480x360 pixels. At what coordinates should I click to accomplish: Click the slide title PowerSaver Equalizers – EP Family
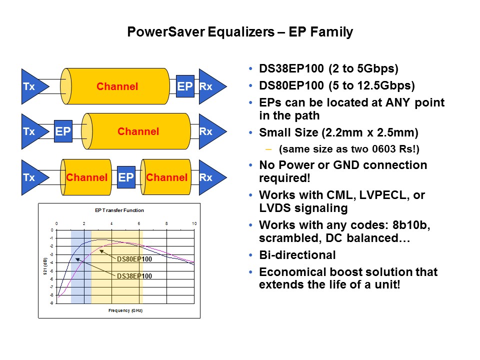(240, 32)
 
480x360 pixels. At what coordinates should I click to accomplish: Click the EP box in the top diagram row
(185, 86)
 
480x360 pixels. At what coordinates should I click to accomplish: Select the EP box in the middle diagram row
(63, 131)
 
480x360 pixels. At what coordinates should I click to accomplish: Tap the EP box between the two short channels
(126, 177)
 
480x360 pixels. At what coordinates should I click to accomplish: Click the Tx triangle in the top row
(32, 86)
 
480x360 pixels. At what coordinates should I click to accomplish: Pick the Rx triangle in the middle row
(209, 131)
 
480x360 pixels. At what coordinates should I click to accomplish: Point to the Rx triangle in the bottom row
(209, 177)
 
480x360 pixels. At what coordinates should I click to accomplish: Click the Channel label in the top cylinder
(117, 86)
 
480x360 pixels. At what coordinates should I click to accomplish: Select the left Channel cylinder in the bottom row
(86, 177)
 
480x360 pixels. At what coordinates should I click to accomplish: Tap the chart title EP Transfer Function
(119, 210)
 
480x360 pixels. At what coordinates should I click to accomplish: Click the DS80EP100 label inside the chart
(134, 259)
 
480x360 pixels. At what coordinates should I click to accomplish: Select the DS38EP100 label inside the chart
(134, 276)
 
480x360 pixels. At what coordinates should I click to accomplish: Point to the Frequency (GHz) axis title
(125, 310)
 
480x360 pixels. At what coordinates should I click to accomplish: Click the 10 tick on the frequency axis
(194, 223)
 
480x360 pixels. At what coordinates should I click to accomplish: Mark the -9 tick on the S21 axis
(51, 303)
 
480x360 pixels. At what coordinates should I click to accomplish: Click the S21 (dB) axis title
(45, 266)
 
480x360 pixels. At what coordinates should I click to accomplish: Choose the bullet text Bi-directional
(297, 255)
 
